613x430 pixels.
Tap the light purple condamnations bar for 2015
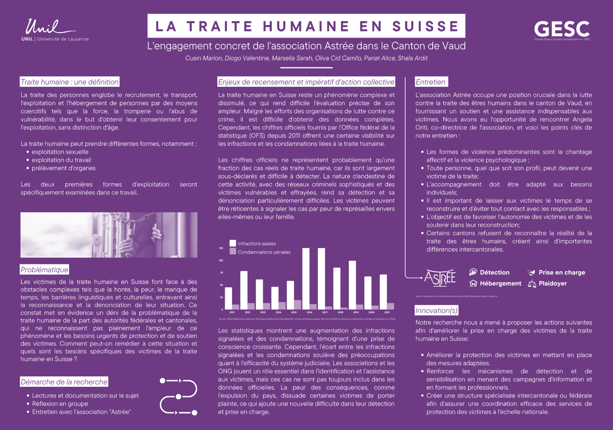297,305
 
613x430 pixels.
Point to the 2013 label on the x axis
263,312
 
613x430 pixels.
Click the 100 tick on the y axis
221,261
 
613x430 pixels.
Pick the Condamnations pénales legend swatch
233,252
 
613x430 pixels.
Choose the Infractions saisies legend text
257,244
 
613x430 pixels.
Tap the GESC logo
561,29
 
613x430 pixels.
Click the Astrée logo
440,278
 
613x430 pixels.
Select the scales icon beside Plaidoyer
532,284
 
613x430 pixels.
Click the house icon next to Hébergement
473,283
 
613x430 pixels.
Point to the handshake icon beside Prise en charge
531,273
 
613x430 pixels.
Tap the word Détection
494,272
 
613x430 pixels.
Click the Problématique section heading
44,269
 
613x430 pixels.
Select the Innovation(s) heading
436,310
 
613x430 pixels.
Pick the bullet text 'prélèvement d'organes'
63,168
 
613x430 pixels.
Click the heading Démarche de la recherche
64,382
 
